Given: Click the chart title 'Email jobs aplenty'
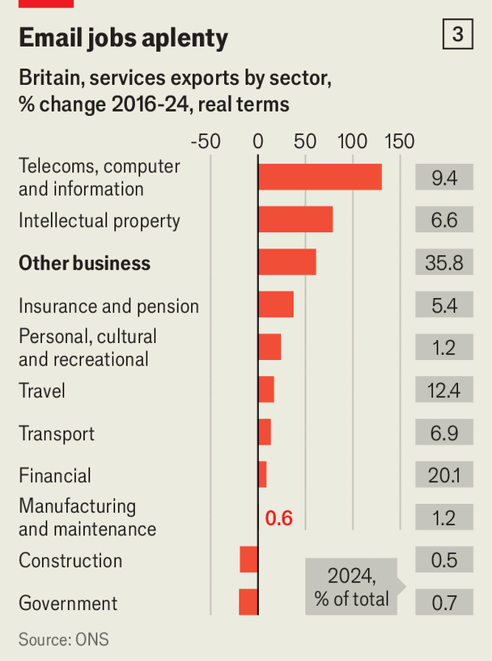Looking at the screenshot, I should coord(123,38).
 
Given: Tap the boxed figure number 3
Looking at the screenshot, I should coord(457,35).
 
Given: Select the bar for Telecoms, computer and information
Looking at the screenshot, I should coord(320,177).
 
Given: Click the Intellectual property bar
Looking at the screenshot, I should coord(295,220).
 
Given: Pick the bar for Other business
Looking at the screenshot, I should coord(286,262).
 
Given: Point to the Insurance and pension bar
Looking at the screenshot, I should coord(275,305).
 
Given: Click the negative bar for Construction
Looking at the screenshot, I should coord(249,559).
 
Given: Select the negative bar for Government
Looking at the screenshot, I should coord(248,602).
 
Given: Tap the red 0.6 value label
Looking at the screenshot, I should coord(279,519).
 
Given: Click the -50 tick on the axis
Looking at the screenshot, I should coord(206,142).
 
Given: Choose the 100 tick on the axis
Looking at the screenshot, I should coord(352,142).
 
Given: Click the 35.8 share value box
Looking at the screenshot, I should coord(444,263).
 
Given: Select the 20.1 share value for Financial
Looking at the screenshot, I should coord(444,475).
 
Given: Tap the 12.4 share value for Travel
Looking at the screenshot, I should coord(444,391).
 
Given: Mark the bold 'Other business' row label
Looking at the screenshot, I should coord(84,263).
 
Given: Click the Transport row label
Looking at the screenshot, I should coord(57,434).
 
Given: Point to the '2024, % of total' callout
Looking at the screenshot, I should coord(352,587).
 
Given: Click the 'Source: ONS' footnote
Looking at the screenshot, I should coord(63,639).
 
